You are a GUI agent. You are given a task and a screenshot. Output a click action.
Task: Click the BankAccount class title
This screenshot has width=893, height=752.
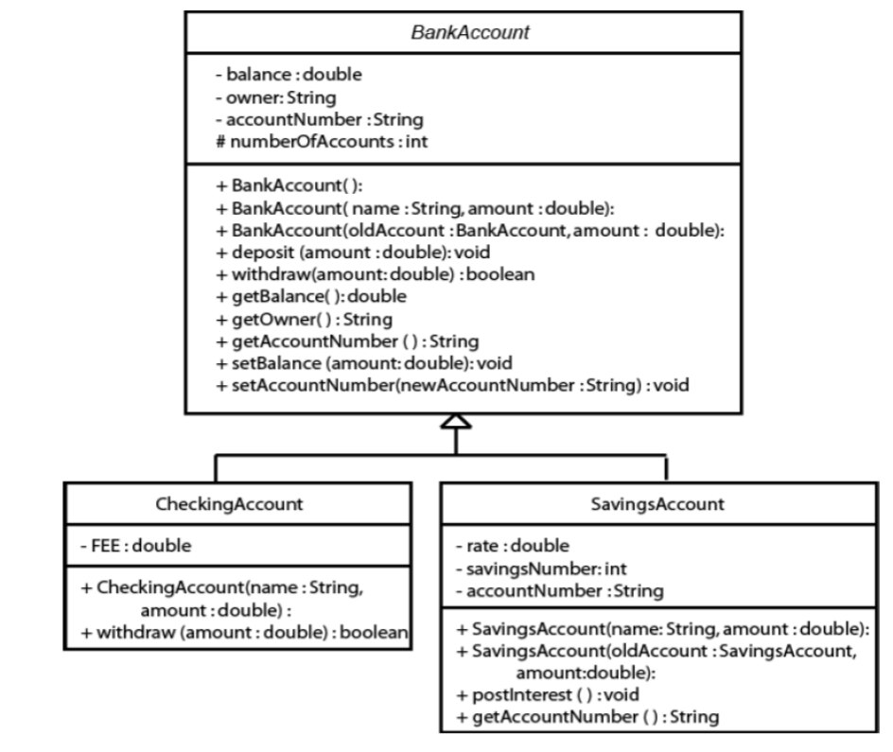[x=456, y=31]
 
